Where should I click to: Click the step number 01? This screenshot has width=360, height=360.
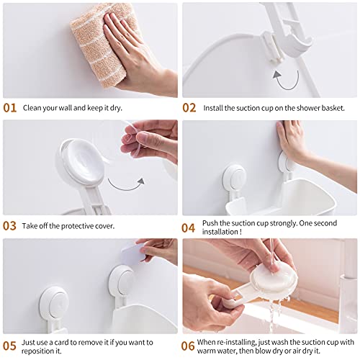(x=9, y=108)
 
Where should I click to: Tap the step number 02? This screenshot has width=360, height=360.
(x=189, y=108)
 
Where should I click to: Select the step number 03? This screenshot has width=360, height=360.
(x=9, y=226)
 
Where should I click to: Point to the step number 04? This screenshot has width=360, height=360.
(x=189, y=228)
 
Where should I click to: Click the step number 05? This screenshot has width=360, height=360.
(x=9, y=346)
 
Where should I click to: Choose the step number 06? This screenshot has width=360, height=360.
(x=189, y=346)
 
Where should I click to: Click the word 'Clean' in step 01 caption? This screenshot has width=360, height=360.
(x=35, y=109)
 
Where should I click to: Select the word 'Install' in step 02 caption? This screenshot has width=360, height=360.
(x=215, y=109)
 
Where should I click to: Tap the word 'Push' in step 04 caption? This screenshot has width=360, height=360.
(x=213, y=222)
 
